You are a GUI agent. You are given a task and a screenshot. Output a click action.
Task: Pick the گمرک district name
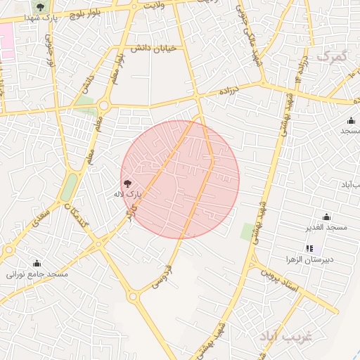point(332,56)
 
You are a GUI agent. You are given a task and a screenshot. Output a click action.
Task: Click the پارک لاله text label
point(129,193)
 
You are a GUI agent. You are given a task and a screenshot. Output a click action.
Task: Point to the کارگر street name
point(129,212)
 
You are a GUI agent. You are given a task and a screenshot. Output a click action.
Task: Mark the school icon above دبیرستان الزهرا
point(309,248)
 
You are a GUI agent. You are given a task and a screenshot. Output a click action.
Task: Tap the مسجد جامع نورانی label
point(37,274)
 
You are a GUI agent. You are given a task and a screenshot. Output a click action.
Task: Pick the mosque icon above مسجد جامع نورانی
point(37,263)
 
